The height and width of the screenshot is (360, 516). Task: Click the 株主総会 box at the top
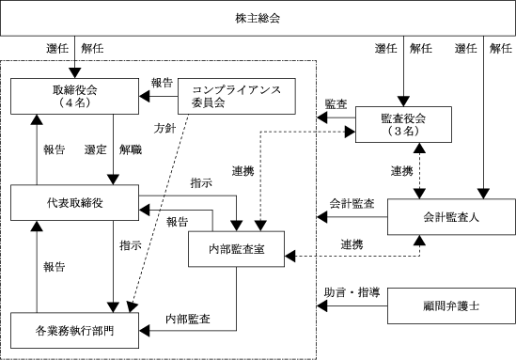pyautogui.click(x=258, y=18)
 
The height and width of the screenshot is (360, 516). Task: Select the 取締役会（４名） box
pyautogui.click(x=74, y=97)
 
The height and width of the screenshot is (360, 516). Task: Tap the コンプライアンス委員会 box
pyautogui.click(x=237, y=97)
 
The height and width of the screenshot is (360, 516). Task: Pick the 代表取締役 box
pyautogui.click(x=74, y=203)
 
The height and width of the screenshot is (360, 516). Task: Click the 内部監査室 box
pyautogui.click(x=236, y=249)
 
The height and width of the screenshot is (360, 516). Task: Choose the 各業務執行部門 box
pyautogui.click(x=74, y=330)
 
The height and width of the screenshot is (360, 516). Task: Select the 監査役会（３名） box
pyautogui.click(x=403, y=125)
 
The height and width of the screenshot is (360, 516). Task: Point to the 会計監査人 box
pyautogui.click(x=451, y=217)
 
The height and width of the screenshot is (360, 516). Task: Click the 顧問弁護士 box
pyautogui.click(x=451, y=306)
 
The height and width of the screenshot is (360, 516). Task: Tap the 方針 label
pyautogui.click(x=164, y=129)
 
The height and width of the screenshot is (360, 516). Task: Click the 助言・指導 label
pyautogui.click(x=352, y=292)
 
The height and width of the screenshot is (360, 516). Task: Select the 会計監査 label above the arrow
pyautogui.click(x=352, y=203)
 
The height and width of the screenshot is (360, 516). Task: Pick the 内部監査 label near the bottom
pyautogui.click(x=188, y=319)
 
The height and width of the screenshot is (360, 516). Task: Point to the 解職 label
pyautogui.click(x=131, y=149)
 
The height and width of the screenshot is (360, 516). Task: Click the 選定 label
pyautogui.click(x=96, y=149)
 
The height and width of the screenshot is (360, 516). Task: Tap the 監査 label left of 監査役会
pyautogui.click(x=336, y=104)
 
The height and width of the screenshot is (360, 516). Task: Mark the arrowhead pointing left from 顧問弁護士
pyautogui.click(x=322, y=306)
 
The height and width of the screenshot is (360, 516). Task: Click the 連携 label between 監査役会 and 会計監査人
pyautogui.click(x=402, y=171)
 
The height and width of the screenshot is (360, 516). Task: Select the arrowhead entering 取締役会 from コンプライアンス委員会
pyautogui.click(x=144, y=97)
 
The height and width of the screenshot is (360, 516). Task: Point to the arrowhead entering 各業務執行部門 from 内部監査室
pyautogui.click(x=144, y=330)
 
